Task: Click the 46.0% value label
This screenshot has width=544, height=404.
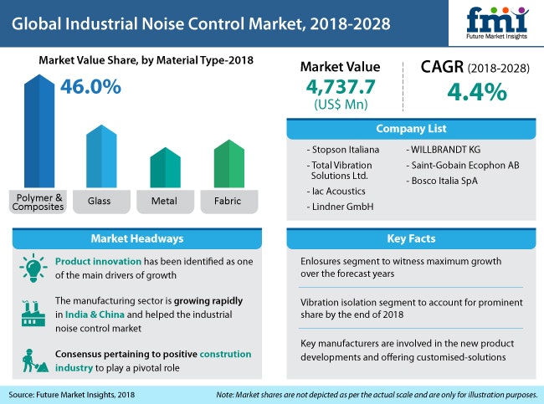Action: tap(91, 87)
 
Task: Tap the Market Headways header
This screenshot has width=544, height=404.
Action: tap(141, 239)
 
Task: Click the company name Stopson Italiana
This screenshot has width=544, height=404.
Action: tap(345, 149)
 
